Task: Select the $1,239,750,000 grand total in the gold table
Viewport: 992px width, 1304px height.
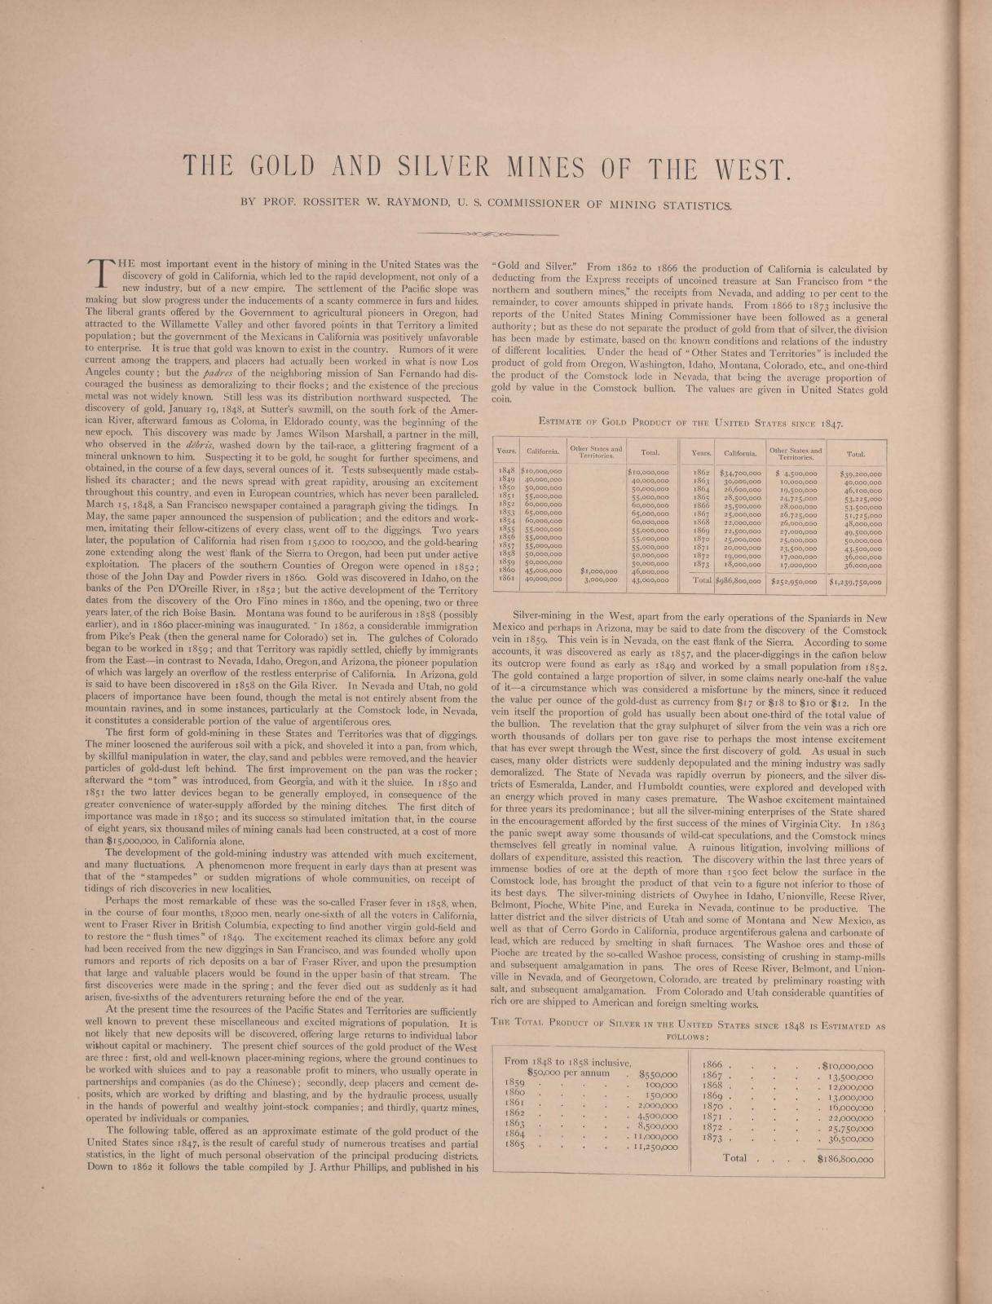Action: click(x=857, y=583)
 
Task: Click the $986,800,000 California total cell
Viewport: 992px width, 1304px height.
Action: click(x=738, y=583)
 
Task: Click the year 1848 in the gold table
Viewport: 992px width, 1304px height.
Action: click(x=506, y=472)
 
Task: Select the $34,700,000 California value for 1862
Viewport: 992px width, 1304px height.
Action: click(x=739, y=472)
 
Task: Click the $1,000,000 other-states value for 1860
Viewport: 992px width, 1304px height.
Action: click(x=597, y=571)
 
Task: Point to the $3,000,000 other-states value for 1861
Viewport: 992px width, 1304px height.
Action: click(x=600, y=580)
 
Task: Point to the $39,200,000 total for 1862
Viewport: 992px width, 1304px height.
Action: click(x=857, y=472)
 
